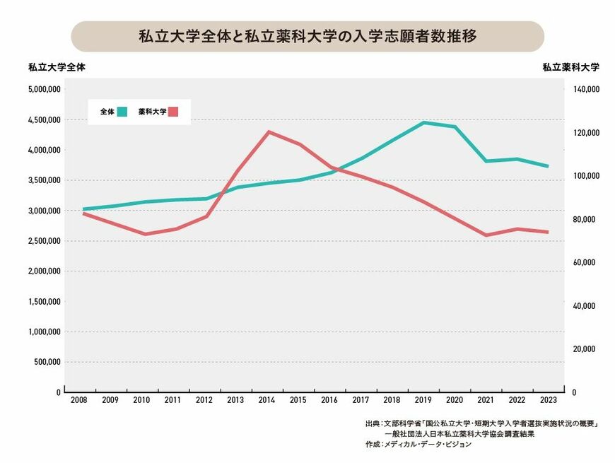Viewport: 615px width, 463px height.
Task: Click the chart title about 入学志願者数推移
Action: (x=307, y=36)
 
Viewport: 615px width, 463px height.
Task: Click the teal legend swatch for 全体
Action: (x=122, y=111)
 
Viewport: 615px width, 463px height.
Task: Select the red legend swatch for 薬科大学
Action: (x=174, y=111)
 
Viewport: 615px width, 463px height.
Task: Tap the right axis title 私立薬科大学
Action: (x=570, y=68)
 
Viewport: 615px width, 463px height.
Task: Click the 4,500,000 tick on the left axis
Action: (x=43, y=120)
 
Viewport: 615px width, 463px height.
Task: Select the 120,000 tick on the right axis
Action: (x=586, y=133)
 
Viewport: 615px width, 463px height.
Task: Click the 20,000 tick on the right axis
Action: (x=586, y=349)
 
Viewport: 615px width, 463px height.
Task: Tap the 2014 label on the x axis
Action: (x=266, y=401)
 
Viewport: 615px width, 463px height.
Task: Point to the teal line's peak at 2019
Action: (x=423, y=122)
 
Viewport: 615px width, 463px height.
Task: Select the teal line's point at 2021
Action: (x=486, y=161)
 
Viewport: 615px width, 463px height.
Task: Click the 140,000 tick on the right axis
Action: (x=586, y=90)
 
